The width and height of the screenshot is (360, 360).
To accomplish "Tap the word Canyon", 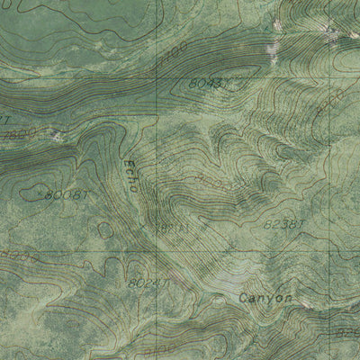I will (x=265, y=297).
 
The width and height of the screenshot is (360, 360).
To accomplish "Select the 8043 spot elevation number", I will (x=203, y=83).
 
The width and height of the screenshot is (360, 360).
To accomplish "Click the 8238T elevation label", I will (x=284, y=222).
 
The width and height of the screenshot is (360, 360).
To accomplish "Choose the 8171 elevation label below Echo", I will (x=171, y=228).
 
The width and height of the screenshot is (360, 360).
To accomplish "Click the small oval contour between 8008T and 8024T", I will (x=105, y=229).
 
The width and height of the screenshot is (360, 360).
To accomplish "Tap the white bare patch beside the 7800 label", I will (x=59, y=136).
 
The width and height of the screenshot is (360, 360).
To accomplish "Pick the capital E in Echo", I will (x=129, y=162).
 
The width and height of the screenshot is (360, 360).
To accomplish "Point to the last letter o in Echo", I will (x=135, y=188).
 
